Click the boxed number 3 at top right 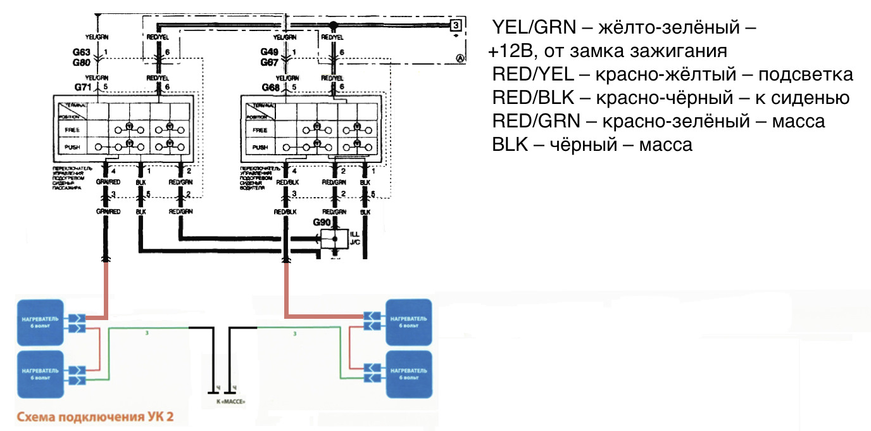point(455,25)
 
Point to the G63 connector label point(83,51)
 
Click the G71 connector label point(83,86)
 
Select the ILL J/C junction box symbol point(335,240)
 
